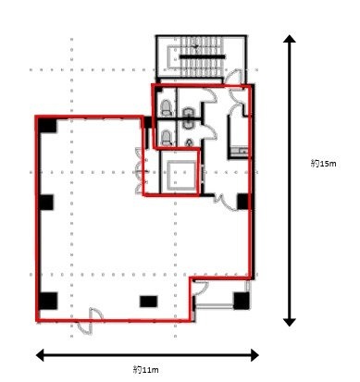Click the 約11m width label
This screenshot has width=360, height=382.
click(x=143, y=369)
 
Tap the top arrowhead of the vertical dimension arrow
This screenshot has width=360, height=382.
click(x=291, y=42)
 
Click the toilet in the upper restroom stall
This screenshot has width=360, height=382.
click(x=190, y=110)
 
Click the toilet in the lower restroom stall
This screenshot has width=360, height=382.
click(x=166, y=136)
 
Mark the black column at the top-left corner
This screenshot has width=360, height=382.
click(x=43, y=125)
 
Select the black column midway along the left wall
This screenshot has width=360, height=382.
click(x=45, y=202)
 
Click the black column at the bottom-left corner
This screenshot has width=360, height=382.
click(x=47, y=301)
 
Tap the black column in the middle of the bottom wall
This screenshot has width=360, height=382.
click(x=147, y=302)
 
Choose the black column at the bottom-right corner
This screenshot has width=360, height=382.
click(x=241, y=300)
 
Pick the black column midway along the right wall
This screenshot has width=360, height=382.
click(x=242, y=201)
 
